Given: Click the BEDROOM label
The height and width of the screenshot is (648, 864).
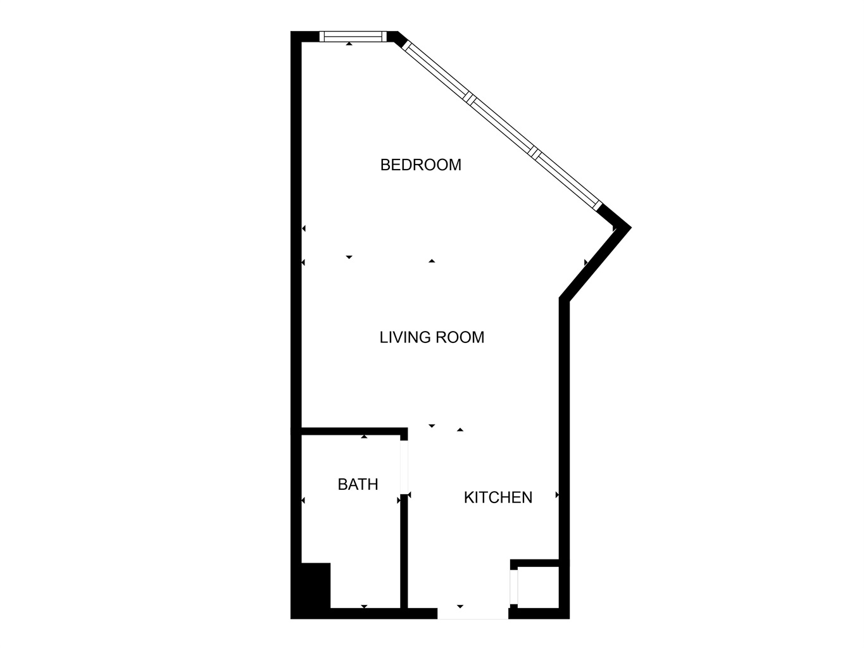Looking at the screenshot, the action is pos(420,165).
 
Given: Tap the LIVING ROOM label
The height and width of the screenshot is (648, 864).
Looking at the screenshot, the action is pos(432,337).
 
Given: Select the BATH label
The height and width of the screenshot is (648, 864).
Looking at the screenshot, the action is pos(358,484).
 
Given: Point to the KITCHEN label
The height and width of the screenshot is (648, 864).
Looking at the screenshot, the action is pos(498,497).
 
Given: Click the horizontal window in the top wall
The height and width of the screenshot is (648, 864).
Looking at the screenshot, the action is pos(353,37).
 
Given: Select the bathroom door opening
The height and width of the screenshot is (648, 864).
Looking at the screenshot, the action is pos(404,467).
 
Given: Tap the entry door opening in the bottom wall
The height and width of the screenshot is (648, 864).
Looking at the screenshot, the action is pos(473,613).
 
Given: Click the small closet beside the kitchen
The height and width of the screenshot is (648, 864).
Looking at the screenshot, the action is pos(538,587).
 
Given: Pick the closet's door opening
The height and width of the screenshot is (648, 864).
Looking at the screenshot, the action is pos(514,587).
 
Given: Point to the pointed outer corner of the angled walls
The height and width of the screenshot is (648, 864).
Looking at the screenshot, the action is pos(631,227).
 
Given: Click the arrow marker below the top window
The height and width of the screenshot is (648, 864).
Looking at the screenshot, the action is pos(349,44).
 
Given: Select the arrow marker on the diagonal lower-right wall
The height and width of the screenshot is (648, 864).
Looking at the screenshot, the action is pos(586,263).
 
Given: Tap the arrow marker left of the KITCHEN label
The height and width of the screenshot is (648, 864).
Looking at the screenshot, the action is pos(410,495).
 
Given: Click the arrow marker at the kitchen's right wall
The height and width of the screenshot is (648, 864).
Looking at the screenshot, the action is pos(557,495).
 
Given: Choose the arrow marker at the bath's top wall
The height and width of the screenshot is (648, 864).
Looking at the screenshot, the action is pos(364,437).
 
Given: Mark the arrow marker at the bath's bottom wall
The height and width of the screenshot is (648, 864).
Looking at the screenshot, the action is pos(364,606).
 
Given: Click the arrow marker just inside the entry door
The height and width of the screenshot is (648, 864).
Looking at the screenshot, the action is pos(460,606).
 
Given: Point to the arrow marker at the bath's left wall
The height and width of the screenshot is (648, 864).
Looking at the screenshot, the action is pos(303,501).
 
